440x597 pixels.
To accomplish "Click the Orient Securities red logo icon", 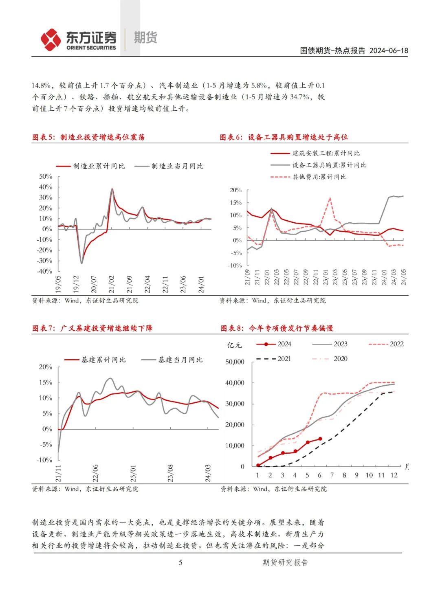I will click(x=51, y=40).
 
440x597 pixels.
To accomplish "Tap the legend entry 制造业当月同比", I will click(x=177, y=166).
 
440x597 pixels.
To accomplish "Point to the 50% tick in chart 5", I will click(x=46, y=176).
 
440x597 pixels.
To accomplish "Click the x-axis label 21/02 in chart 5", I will click(x=112, y=284).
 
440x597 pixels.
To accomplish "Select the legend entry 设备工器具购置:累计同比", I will click(x=329, y=165).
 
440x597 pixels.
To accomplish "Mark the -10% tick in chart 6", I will click(x=235, y=265).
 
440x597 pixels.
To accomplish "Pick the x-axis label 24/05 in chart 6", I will click(x=404, y=277).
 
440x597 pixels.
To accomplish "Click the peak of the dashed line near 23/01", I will click(x=330, y=198).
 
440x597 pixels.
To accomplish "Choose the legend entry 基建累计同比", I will click(x=103, y=360).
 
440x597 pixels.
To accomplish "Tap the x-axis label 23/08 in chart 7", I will click(x=170, y=473).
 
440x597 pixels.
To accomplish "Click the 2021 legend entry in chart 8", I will click(x=284, y=359).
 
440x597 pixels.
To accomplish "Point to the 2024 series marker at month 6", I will click(x=320, y=439).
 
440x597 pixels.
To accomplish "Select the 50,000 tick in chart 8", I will click(x=235, y=362).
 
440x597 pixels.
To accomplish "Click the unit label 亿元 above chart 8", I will click(x=234, y=345).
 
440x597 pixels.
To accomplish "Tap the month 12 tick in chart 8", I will click(x=394, y=475).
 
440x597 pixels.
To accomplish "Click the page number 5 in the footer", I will click(x=180, y=562).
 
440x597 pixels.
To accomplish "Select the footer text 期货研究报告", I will click(x=285, y=562).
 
